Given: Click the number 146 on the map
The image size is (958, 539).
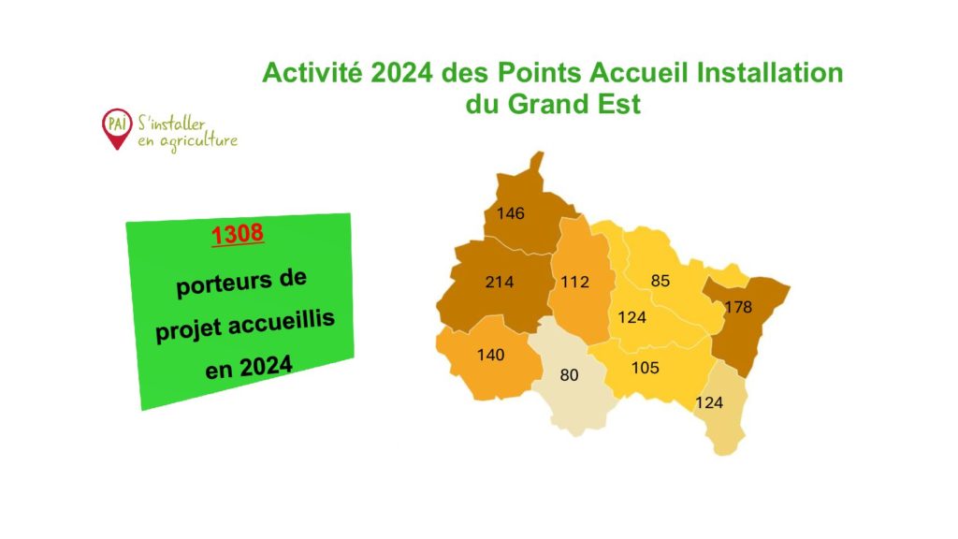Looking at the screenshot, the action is (510, 213).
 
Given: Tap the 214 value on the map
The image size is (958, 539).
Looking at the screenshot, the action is (500, 282).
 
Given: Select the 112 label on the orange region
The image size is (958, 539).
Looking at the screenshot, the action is (575, 282).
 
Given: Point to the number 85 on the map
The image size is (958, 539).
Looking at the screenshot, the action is (660, 281).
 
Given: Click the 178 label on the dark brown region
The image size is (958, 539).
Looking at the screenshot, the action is (738, 307).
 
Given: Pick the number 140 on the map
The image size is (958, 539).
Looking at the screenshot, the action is (490, 355).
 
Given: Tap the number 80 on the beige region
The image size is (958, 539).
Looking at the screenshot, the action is (569, 374).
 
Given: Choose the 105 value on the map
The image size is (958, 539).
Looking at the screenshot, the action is (646, 367).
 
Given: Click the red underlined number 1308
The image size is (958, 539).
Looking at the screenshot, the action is (238, 234).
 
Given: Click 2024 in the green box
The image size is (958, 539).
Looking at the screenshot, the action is (266, 367).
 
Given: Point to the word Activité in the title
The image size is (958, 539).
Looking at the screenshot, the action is (312, 72).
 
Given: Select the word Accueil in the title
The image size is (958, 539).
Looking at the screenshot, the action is (638, 72).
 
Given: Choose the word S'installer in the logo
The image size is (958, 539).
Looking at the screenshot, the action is (171, 123).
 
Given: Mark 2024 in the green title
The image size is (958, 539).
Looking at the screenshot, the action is (401, 72).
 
